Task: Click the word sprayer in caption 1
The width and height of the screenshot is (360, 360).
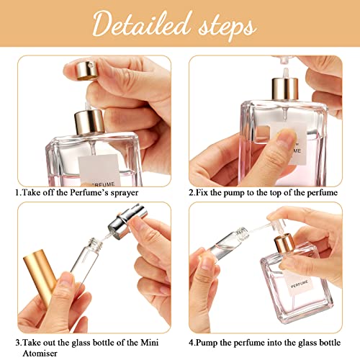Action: (x=122, y=194)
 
